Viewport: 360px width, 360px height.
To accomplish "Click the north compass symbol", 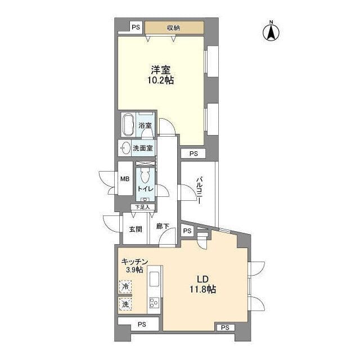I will click(271, 31).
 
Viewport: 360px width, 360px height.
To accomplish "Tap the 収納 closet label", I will click(173, 27).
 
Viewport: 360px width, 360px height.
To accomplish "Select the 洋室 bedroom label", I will click(160, 70).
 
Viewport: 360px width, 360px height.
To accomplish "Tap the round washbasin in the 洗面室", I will click(124, 148).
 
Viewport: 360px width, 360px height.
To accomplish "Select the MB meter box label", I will click(125, 179).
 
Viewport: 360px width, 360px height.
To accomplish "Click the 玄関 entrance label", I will click(135, 229).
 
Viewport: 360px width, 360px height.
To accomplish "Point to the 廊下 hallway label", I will click(163, 229).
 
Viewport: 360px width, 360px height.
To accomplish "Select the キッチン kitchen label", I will click(134, 262).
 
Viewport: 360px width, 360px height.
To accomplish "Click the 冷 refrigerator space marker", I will click(125, 287).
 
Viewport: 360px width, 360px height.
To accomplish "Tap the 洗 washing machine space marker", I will click(125, 304).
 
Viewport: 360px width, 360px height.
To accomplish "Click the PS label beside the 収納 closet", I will click(135, 26).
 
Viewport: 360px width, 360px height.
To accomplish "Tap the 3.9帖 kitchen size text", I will click(134, 271).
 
